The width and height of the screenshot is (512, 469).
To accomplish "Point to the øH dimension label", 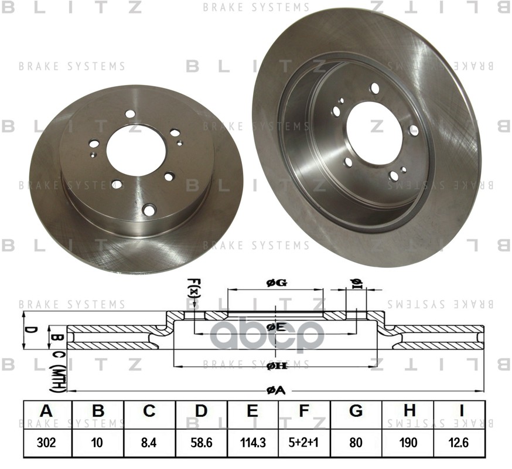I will (275, 366).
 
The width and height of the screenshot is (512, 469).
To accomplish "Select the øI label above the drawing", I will (356, 283).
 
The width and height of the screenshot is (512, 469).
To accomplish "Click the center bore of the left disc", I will (136, 149).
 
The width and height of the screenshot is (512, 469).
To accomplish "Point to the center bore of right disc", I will (375, 132).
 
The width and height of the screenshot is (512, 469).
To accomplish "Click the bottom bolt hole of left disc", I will (149, 209).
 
